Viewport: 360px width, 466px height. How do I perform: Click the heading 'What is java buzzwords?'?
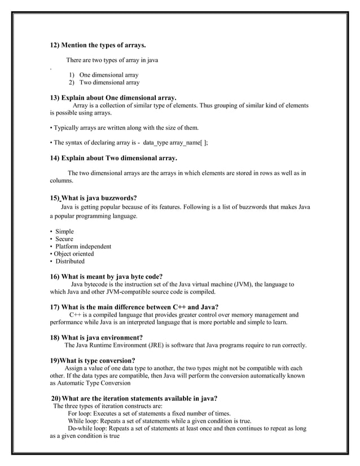(93, 198)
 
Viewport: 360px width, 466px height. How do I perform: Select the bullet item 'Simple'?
(64, 231)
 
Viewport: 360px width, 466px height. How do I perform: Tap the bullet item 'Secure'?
(64, 239)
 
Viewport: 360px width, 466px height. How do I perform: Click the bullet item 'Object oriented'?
(74, 254)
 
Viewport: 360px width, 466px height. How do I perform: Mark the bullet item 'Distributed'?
(70, 261)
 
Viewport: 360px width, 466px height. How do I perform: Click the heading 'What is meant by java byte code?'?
(107, 276)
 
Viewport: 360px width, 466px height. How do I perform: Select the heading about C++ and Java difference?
(134, 307)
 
